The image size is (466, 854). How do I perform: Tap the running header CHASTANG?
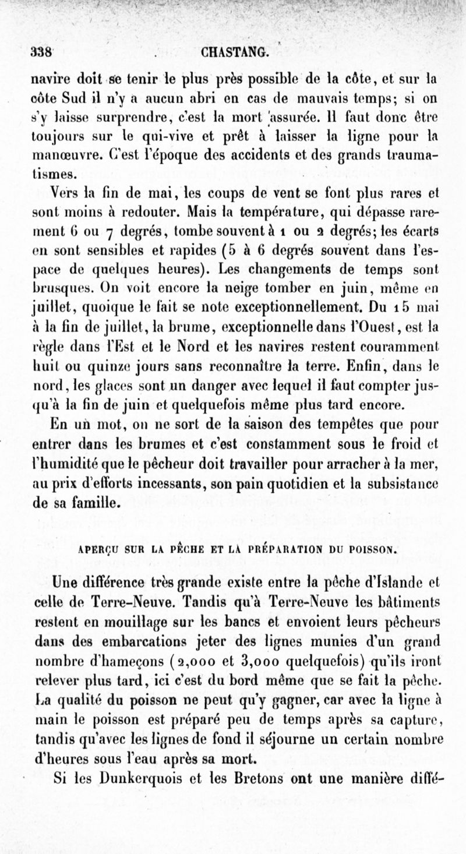(235, 52)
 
